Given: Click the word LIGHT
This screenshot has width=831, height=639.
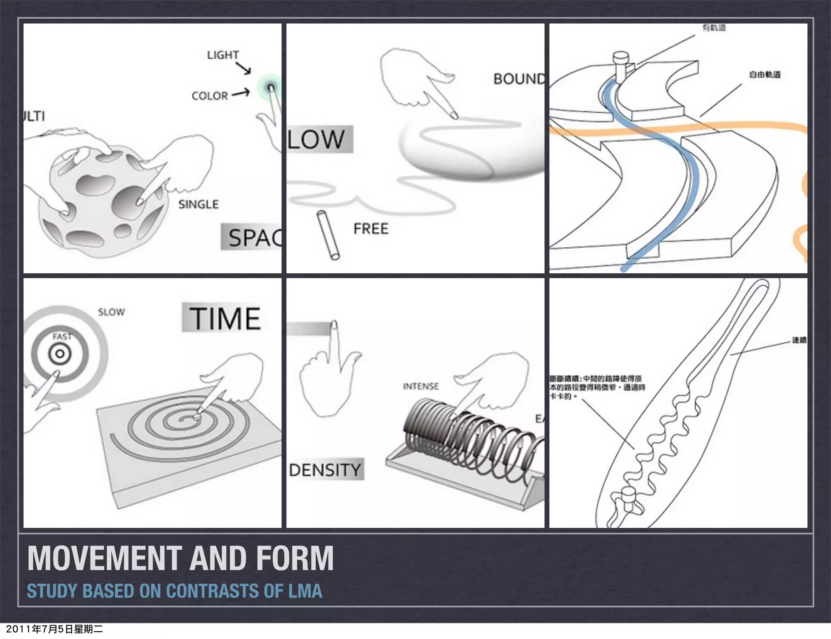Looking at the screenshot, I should coord(223,55).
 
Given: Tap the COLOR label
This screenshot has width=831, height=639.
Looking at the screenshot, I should coord(210,96).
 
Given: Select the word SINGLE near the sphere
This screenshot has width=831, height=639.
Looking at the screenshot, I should coord(198,204).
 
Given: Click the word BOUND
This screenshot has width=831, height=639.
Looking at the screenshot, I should coord(519,79).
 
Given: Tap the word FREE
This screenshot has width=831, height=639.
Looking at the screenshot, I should coord(371,229).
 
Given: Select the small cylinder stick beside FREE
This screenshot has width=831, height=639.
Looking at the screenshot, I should coord(328,235).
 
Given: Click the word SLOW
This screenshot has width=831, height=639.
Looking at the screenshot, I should coord(111,312).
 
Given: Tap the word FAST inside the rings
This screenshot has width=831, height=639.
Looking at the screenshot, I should coord(62,337).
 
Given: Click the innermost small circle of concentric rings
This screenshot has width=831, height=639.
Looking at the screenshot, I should coord(60,354).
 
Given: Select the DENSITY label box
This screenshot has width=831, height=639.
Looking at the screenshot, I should coord(325,470).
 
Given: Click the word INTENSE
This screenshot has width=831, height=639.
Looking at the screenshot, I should coord(421,386).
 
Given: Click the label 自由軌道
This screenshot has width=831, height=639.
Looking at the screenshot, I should coord(764,75).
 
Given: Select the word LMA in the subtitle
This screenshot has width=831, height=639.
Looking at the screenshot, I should coord(305,591).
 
